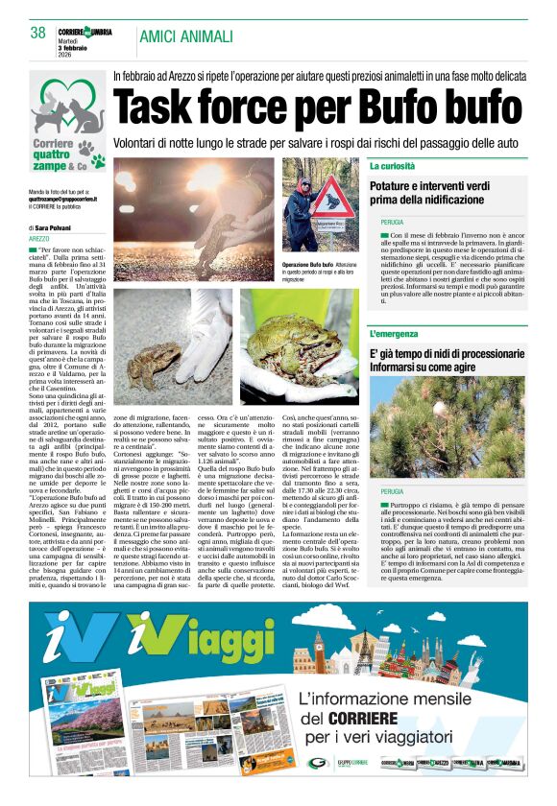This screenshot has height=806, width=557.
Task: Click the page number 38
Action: [38, 33]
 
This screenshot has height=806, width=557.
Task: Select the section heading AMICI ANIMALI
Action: [186, 36]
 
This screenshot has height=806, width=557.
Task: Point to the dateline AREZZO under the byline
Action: [39, 238]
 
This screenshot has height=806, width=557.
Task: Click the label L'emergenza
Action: [393, 333]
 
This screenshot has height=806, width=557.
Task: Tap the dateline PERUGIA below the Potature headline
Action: [392, 222]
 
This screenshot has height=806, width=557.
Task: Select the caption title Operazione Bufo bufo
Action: [307, 264]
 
